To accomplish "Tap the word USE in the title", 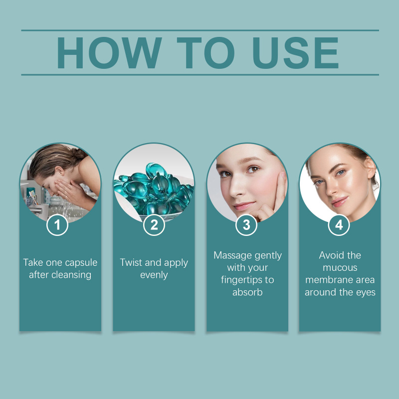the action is point(295,53).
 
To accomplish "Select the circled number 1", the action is point(57,225).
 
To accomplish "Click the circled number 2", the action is point(154,225).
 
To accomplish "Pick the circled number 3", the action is point(246,225).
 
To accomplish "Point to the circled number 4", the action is point(339,225).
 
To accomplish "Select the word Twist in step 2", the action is point(131,262).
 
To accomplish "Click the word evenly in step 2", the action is point(154,275).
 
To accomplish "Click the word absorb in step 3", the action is point(247,292).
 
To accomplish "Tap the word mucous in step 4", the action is point(340,268).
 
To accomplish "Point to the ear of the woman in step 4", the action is point(370,168).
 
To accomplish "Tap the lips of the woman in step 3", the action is point(244,205).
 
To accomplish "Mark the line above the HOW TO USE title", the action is point(200,30).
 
